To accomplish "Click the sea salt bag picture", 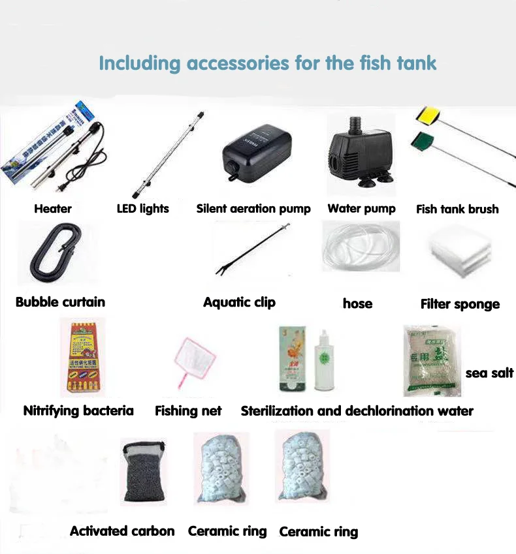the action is click(431, 361).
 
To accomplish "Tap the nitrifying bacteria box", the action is click(82, 357).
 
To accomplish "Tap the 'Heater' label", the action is click(53, 209).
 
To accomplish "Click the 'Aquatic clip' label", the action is click(239, 302).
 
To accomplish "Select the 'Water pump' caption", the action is click(361, 209).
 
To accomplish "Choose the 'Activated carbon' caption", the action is click(122, 531).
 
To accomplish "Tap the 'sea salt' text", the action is click(489, 373).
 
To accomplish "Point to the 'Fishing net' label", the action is click(188, 411).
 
